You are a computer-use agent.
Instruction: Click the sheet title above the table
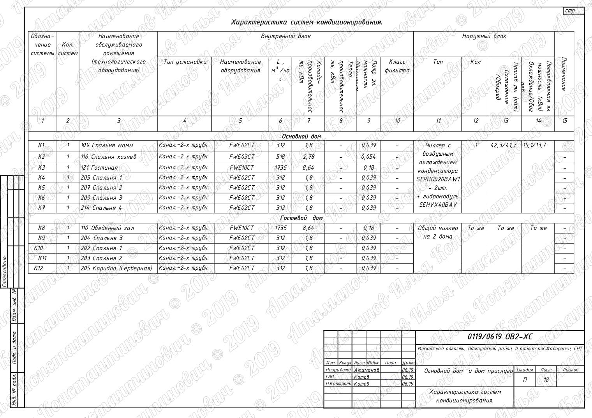click(307, 22)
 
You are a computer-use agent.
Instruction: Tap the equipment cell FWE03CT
click(241, 157)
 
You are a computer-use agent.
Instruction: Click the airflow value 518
click(280, 157)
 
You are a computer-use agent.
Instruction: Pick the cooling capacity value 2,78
click(308, 157)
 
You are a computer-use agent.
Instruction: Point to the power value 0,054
click(368, 157)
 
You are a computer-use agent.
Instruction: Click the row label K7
click(42, 208)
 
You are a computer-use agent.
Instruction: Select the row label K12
click(39, 268)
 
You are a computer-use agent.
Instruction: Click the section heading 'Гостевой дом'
click(301, 218)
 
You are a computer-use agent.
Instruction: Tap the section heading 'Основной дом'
click(301, 137)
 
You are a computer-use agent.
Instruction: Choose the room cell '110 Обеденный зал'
click(107, 228)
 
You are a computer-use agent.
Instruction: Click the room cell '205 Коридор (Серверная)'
click(116, 268)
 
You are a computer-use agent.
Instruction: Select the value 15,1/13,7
click(534, 145)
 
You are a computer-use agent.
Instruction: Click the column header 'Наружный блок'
click(484, 36)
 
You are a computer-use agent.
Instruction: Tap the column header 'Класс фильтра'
click(397, 66)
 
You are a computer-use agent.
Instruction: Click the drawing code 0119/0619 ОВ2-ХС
click(500, 337)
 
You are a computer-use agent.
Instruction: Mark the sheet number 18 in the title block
click(546, 380)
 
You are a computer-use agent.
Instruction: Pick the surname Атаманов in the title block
click(366, 370)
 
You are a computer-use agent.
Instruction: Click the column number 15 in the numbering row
click(564, 121)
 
